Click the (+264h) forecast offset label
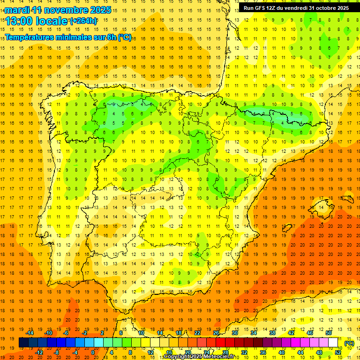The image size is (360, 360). tap(83, 21)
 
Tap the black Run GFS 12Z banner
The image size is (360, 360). tap(296, 8)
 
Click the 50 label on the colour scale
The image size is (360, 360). tap(329, 333)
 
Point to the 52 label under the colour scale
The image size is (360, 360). tap(338, 352)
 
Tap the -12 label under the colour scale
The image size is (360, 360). tap(39, 352)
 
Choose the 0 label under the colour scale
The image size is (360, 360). tap(93, 352)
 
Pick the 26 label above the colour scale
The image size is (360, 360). tap(216, 333)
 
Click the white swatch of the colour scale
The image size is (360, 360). tap(333, 343)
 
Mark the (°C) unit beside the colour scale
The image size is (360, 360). tap(349, 343)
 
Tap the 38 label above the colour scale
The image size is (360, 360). tap(272, 333)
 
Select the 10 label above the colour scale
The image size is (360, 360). tap(141, 333)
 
